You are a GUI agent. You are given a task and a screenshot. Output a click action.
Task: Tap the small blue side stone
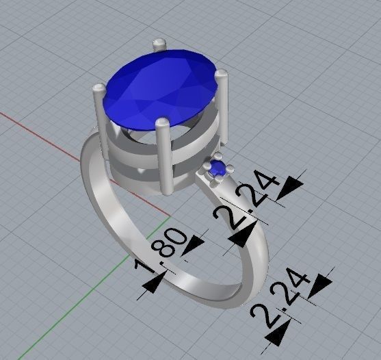[218, 168]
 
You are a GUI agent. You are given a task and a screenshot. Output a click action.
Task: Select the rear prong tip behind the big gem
[159, 44]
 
